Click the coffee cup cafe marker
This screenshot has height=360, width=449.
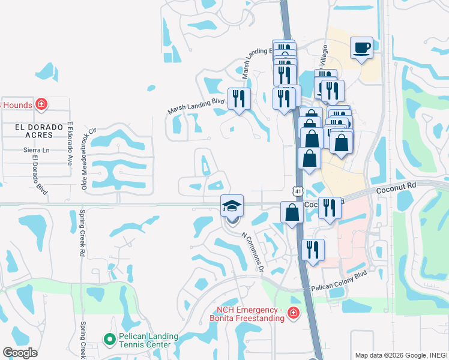click(x=361, y=48)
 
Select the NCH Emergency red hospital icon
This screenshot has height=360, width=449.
click(x=292, y=313)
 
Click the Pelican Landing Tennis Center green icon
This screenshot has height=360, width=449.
click(x=109, y=340)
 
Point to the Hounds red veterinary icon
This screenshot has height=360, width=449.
click(x=41, y=105)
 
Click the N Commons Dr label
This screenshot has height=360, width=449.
click(x=253, y=252)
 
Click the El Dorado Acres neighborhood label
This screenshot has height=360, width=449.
click(x=32, y=131)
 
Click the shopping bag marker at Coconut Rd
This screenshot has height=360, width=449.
click(x=292, y=212)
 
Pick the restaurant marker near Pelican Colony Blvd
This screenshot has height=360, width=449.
click(x=312, y=250)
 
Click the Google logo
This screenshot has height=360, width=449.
click(x=20, y=353)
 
